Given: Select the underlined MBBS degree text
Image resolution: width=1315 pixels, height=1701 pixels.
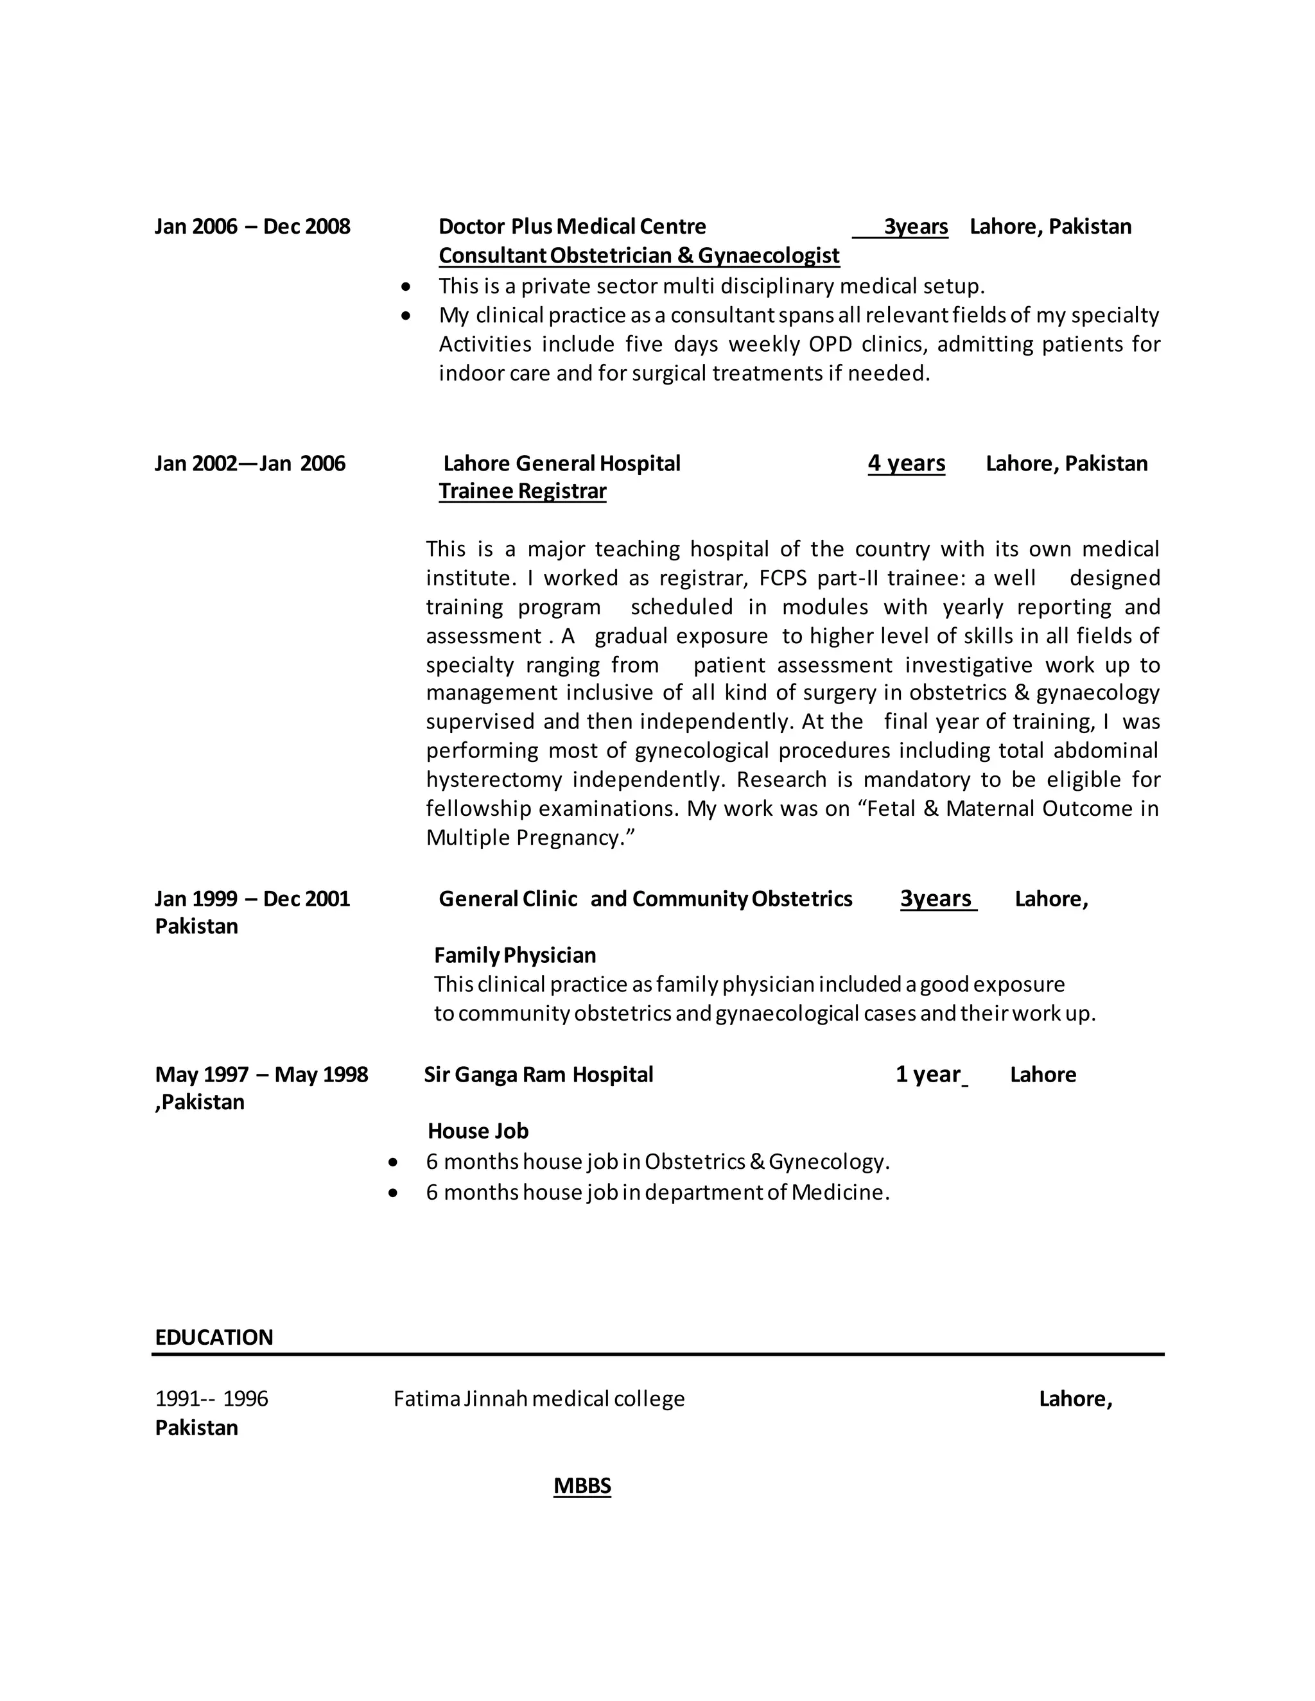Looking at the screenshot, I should coord(582,1485).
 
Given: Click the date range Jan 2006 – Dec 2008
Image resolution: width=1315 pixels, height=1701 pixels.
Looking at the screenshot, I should coord(252,227).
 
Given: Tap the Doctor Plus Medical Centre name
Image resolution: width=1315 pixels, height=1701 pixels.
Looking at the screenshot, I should coord(572,227).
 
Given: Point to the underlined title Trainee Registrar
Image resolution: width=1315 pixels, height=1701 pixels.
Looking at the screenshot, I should coord(522,492).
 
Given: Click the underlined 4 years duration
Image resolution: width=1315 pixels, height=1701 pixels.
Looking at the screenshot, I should coord(906,463).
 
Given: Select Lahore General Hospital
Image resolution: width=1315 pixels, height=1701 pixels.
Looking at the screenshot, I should coord(562,463).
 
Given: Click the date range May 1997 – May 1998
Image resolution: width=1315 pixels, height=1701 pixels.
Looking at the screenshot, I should coord(261,1075).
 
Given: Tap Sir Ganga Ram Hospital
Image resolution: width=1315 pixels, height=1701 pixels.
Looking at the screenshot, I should coord(538,1075).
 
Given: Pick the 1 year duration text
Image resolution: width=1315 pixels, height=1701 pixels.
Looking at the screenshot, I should coord(928,1075).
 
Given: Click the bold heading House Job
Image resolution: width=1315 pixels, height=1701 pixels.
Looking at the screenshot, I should coord(478,1131).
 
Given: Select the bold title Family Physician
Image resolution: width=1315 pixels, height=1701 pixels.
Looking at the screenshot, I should coord(515,955).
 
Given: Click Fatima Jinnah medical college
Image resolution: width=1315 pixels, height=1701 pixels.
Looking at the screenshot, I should coord(539,1399).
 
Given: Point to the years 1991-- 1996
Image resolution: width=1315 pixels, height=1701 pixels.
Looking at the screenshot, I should coord(211,1399).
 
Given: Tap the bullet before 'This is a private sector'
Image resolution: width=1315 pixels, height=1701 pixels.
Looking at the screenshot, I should coord(405,288).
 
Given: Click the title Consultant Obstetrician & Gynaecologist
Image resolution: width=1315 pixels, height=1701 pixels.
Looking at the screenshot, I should coord(639,255).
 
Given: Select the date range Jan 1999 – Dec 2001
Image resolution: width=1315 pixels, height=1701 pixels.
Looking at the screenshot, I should coord(252,899).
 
